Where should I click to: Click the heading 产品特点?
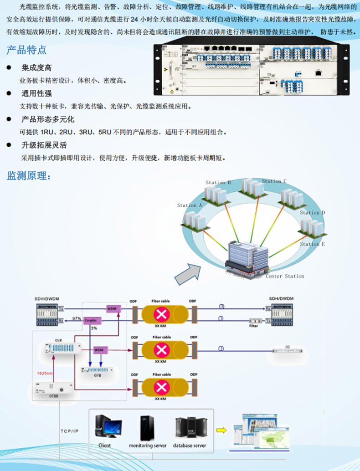(26, 51)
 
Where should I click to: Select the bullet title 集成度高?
(36, 67)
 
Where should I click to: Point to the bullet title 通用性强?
(36, 93)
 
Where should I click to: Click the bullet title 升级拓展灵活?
(44, 145)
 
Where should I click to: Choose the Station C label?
(274, 181)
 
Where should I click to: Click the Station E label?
(312, 244)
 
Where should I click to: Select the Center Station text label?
(285, 276)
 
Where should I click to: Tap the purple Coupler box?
(90, 321)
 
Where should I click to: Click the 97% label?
(77, 318)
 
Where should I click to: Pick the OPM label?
(97, 376)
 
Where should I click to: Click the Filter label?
(253, 326)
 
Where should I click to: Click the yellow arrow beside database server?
(221, 430)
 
